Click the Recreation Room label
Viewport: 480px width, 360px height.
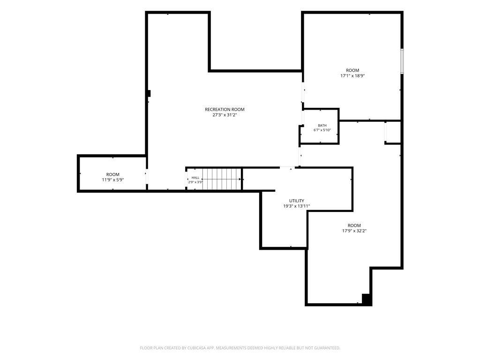(x=225, y=109)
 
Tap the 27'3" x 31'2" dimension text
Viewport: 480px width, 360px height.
(x=225, y=115)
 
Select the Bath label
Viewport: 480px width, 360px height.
(x=322, y=126)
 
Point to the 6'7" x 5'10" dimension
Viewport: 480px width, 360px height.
(x=322, y=130)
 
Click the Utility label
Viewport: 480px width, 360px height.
(x=297, y=201)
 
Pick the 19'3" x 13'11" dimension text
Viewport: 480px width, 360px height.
(x=297, y=206)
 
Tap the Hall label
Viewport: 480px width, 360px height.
(x=195, y=178)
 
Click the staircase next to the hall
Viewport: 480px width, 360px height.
(x=222, y=179)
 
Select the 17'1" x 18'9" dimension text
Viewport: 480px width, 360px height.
(x=352, y=75)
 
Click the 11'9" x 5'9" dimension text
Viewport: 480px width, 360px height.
(x=112, y=180)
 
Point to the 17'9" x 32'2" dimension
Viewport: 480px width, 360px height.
(x=354, y=231)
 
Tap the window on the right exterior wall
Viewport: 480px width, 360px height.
(x=402, y=61)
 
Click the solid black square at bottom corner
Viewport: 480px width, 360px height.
(x=367, y=299)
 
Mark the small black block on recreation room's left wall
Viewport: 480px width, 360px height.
(x=149, y=93)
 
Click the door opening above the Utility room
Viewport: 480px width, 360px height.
(x=287, y=167)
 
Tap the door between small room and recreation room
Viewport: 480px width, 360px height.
(x=147, y=176)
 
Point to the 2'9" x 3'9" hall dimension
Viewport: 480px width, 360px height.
(x=195, y=182)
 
